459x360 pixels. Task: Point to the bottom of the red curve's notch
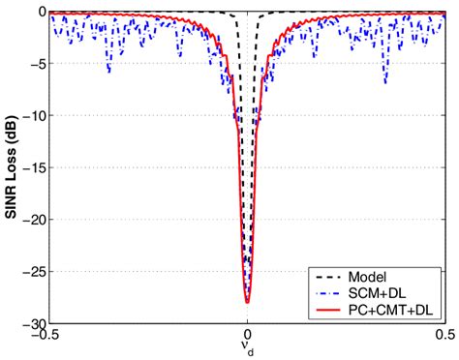click(248, 302)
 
